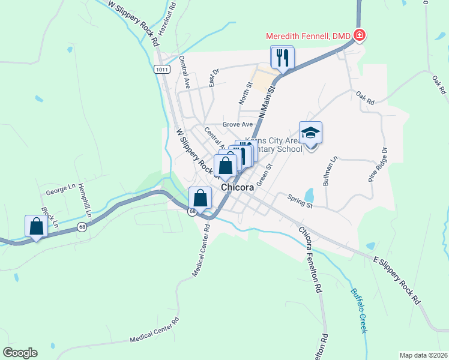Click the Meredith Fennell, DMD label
(309, 36)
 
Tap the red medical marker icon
(360, 36)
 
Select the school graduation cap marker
(310, 133)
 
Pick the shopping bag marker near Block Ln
(37, 226)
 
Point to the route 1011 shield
(161, 69)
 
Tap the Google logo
(20, 352)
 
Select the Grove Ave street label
(238, 124)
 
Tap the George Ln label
(60, 193)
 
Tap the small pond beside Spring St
(309, 195)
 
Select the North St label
(248, 91)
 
